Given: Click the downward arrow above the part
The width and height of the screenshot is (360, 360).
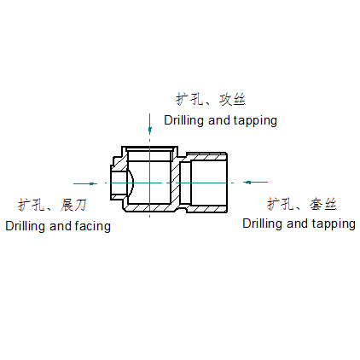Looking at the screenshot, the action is (x=149, y=124).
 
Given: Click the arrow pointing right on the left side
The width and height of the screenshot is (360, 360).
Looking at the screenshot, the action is (x=85, y=183).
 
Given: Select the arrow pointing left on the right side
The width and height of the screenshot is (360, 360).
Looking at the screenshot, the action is (x=255, y=182).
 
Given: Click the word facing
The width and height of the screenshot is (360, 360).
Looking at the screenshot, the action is (x=93, y=227).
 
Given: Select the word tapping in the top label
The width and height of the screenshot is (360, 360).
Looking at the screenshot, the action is (x=255, y=120).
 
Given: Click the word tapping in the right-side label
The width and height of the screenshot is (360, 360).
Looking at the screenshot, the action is (x=334, y=224).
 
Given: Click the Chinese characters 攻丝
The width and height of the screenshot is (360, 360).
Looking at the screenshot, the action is (x=232, y=99).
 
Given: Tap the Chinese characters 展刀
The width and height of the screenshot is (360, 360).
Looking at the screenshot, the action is (x=73, y=205).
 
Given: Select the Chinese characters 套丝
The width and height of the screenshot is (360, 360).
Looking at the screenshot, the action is (x=323, y=204).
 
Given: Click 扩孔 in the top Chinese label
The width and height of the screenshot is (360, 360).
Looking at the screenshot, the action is (x=189, y=99).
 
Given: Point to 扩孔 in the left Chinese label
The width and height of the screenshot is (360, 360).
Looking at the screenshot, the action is (x=32, y=205).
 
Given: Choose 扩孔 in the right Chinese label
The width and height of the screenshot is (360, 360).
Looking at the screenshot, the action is (x=281, y=204).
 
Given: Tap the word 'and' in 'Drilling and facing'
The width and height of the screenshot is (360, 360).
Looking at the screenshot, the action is (x=61, y=226).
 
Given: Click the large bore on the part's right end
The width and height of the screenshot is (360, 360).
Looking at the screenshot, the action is (x=209, y=183).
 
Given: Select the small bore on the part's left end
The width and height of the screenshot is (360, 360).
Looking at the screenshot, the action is (x=119, y=183).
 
